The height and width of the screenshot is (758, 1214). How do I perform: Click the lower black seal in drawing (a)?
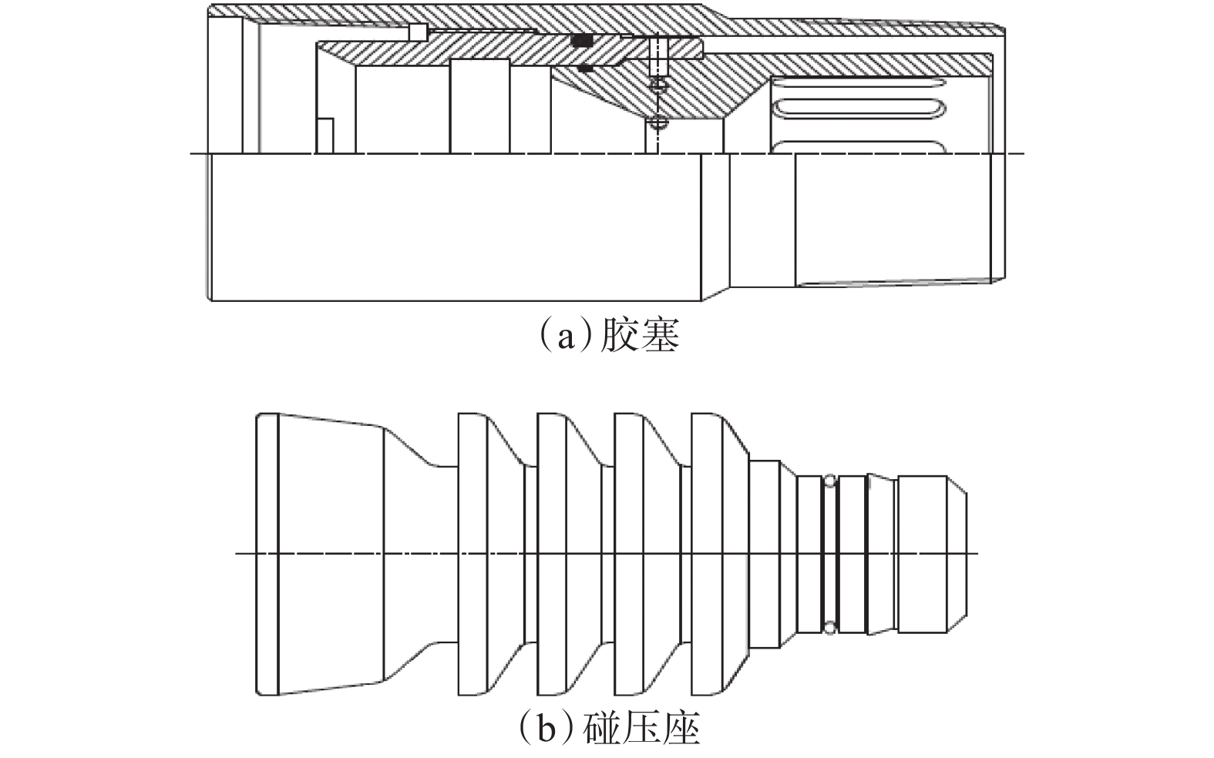(585, 69)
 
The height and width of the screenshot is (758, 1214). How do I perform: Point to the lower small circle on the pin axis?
(657, 122)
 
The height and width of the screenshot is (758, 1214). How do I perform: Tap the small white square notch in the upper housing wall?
(418, 32)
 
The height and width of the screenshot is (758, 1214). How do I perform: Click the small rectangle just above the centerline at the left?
(325, 136)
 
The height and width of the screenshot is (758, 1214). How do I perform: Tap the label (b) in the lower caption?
(546, 727)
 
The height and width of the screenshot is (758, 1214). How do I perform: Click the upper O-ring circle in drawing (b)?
(829, 481)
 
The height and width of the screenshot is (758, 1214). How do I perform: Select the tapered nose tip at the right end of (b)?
(956, 553)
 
